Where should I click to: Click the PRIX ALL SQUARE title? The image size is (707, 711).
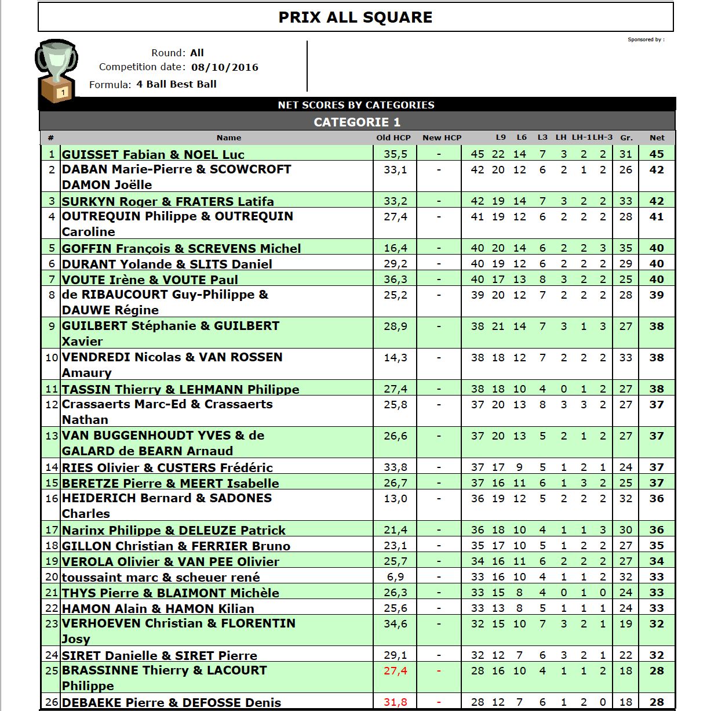point(355,17)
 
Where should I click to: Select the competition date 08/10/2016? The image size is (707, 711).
point(225,67)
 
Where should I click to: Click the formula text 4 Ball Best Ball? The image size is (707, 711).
point(176,84)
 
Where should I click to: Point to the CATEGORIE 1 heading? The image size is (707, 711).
point(357,122)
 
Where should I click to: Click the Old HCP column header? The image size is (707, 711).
point(393,138)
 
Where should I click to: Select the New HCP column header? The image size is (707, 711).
point(442,138)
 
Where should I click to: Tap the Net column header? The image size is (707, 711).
point(657,138)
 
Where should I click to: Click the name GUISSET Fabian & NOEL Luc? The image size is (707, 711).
point(153,155)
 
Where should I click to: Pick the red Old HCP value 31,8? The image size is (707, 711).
point(395,702)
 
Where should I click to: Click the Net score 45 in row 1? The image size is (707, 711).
point(657,154)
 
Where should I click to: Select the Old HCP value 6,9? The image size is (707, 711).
point(395,577)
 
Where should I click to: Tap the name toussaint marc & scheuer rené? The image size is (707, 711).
point(161,578)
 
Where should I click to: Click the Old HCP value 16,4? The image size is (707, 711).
point(395,248)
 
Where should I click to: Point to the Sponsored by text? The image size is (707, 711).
point(646,40)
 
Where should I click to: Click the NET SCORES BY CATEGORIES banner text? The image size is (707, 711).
point(356,105)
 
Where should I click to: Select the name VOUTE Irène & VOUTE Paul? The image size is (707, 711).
point(150,280)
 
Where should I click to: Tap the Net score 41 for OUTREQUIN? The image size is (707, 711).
point(657,217)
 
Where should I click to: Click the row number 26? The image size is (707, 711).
point(52,702)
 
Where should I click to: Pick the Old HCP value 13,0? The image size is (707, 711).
point(395,499)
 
